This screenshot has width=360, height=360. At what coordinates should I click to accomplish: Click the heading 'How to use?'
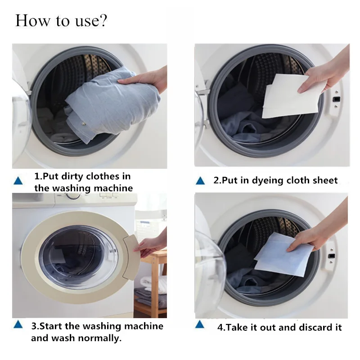(61, 21)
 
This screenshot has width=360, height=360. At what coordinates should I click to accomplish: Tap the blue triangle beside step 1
(18, 181)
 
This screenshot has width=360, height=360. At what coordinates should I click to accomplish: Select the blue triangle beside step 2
(201, 181)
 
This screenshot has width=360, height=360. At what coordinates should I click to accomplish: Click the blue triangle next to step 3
(18, 324)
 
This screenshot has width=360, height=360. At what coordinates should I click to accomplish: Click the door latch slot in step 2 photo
(335, 99)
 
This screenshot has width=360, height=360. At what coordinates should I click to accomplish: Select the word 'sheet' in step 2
(324, 180)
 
